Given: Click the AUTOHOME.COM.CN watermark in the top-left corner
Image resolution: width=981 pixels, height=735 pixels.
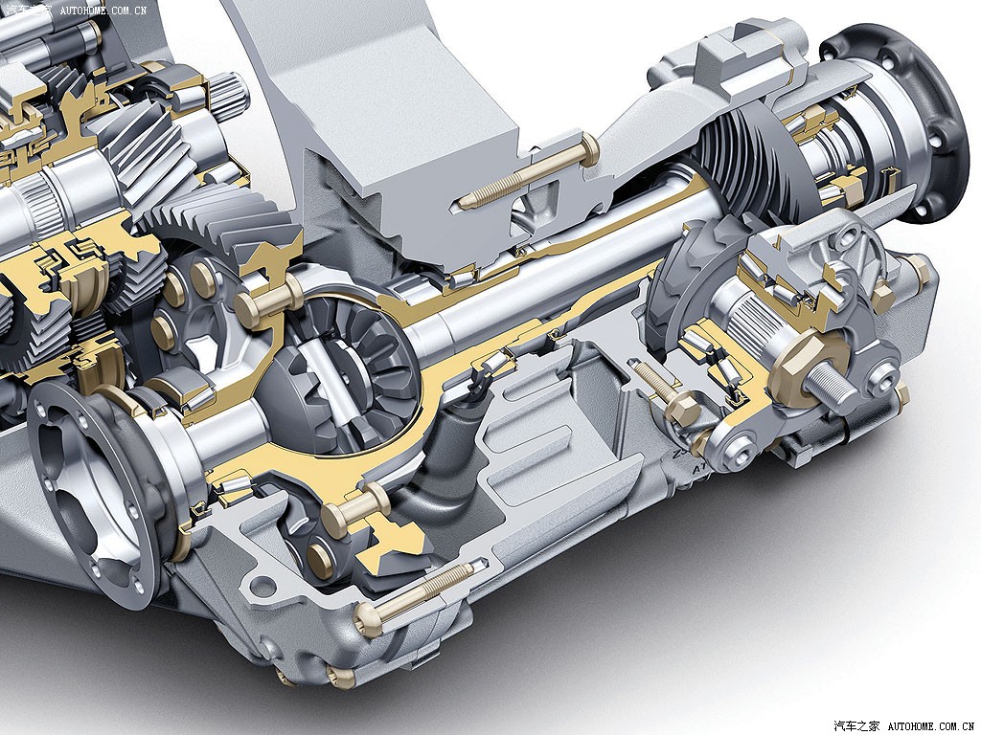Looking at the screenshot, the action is tap(103, 10).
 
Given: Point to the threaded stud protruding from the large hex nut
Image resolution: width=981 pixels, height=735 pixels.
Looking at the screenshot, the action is tap(833, 380).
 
